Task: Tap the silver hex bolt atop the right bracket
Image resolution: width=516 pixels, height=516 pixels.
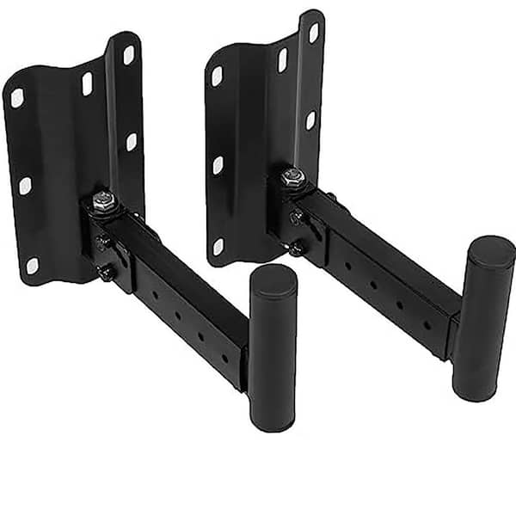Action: (292, 175)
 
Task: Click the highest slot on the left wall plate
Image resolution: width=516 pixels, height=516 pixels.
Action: (128, 55)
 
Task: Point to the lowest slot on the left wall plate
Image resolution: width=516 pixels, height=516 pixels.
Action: (32, 266)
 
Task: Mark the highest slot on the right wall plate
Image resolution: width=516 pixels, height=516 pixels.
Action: (313, 33)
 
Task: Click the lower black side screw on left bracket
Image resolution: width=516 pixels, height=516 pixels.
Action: (107, 274)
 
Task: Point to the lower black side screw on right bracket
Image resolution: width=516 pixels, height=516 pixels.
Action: (297, 249)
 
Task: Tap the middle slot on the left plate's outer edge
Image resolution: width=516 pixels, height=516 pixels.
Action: (25, 186)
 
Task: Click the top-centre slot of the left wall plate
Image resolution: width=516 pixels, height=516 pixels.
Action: (87, 83)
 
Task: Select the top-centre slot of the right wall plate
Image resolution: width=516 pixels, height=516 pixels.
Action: (282, 60)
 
